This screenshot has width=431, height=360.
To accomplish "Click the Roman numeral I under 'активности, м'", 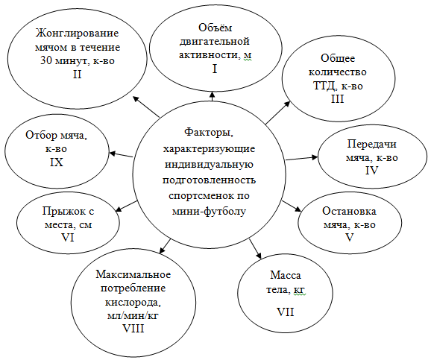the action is click(215, 69).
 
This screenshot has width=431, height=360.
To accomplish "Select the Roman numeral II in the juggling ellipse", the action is click(78, 75).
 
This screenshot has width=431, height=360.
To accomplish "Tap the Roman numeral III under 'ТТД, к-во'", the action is click(337, 98).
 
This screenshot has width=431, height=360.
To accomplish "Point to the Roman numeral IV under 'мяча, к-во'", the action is click(371, 171).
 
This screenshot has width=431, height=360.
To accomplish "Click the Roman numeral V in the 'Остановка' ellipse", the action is click(349, 237).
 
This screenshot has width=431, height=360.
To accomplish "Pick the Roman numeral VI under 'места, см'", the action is click(67, 237).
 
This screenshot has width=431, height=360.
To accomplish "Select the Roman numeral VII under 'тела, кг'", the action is click(285, 312).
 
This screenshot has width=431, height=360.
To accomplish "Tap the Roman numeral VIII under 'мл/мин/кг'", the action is click(133, 329).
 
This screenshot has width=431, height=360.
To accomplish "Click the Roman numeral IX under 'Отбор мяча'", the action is click(57, 162).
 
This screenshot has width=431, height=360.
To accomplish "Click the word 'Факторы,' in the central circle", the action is click(209, 133).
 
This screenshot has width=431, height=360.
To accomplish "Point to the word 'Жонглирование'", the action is click(78, 34).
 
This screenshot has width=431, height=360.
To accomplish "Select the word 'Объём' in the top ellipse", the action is click(215, 28).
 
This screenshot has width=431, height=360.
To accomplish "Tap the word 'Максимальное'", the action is click(133, 274).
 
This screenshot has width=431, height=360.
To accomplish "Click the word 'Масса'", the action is click(286, 275).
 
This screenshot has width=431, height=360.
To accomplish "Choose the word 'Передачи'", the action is click(371, 144).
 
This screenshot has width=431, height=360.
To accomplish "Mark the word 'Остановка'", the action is click(349, 211).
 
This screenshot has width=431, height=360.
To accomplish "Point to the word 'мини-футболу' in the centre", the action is click(209, 212).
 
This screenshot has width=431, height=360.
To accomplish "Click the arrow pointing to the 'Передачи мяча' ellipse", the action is click(301, 158).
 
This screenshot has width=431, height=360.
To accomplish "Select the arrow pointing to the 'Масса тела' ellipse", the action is click(255, 249).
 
